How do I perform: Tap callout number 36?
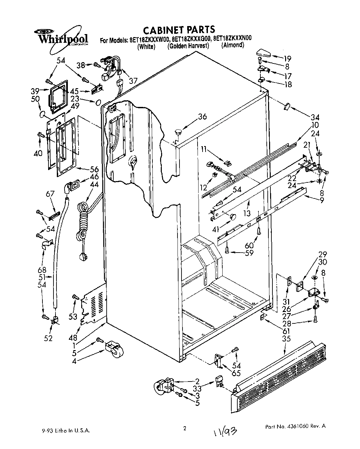202,117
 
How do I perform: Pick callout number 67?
50,194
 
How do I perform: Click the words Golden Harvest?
188,46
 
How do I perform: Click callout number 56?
94,169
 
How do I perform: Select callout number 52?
48,338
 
